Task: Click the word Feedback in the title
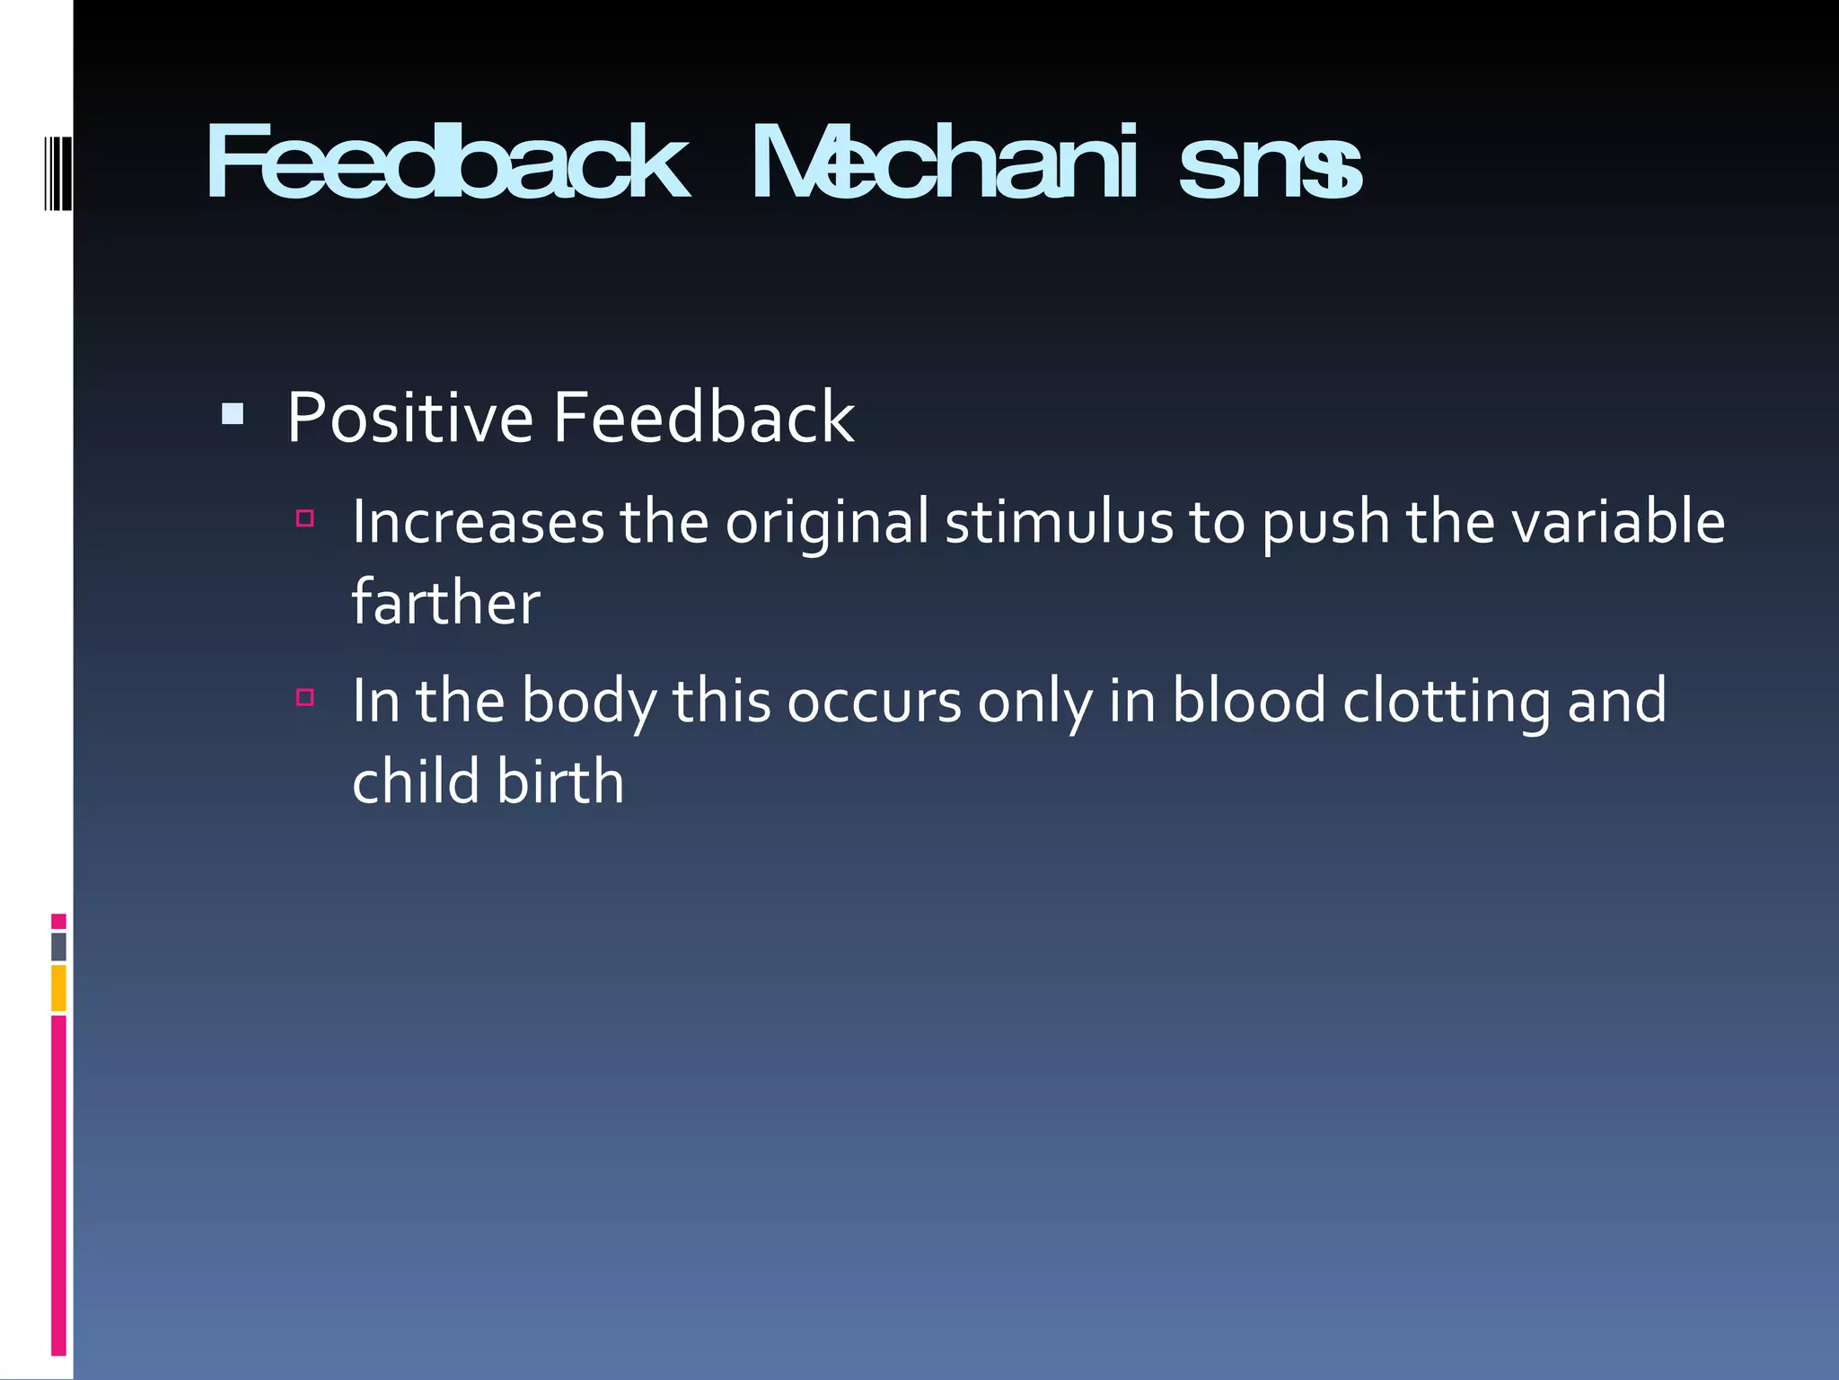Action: click(446, 164)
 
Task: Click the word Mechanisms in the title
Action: click(1056, 164)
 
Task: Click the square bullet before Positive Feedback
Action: click(233, 413)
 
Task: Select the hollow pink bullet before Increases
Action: click(305, 518)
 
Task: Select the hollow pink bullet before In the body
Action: click(305, 697)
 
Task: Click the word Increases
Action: click(478, 522)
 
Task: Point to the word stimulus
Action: click(1059, 522)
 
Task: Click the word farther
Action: click(445, 603)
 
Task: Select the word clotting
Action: click(1446, 702)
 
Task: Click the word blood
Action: click(1248, 702)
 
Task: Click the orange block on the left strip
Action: click(58, 988)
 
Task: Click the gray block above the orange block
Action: click(58, 947)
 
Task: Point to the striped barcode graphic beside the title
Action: click(57, 173)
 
